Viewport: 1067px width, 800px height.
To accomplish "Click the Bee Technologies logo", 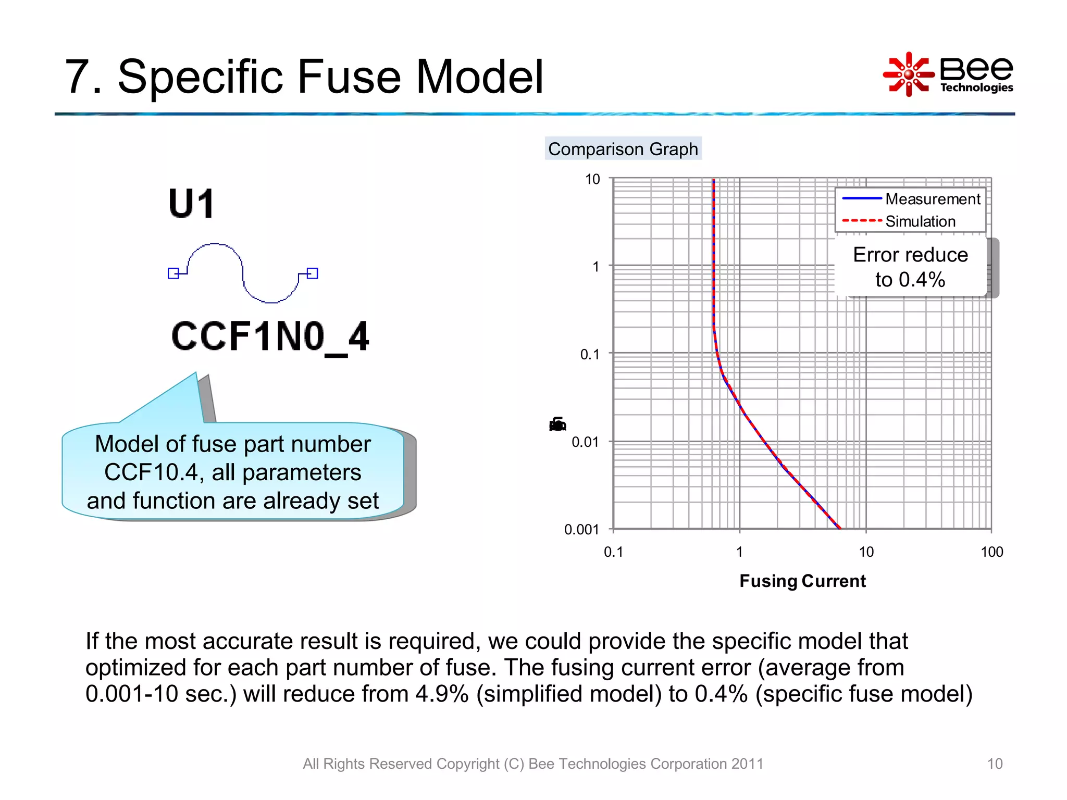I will point(948,74).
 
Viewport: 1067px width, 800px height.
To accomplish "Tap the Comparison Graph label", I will point(623,149).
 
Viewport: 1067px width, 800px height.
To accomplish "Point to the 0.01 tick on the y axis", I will point(585,442).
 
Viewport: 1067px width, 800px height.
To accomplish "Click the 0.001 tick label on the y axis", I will point(581,530).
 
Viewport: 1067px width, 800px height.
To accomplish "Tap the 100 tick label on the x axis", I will point(991,552).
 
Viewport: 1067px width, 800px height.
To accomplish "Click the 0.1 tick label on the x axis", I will point(613,552).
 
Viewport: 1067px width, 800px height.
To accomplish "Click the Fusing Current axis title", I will point(802,581).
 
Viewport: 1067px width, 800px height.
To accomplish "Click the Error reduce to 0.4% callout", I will point(910,267).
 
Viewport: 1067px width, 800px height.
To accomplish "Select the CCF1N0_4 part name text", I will point(270,337).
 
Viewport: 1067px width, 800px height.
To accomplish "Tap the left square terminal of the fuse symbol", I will point(173,273).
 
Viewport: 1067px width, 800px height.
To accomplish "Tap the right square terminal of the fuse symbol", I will point(312,273).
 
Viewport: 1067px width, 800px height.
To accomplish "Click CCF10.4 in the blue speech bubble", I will point(151,472).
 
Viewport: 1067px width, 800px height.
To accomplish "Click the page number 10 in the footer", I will point(994,764).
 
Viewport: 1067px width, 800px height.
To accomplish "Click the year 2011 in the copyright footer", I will point(747,764).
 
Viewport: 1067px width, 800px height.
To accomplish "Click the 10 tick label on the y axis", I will point(592,179).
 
